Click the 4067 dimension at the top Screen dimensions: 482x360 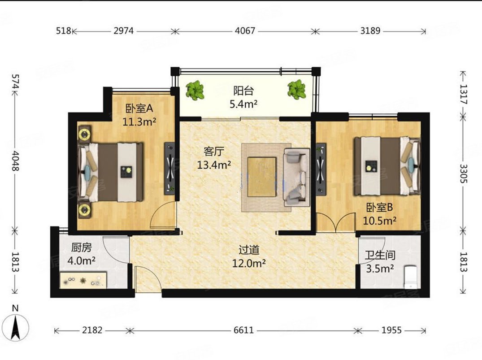(245, 31)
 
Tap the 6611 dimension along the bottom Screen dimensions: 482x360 (244, 330)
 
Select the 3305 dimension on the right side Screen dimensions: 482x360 (464, 173)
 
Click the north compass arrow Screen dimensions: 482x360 (16, 328)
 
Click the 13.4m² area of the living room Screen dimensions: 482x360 (214, 165)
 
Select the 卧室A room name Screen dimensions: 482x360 (139, 108)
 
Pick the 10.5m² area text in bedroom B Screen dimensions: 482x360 (380, 221)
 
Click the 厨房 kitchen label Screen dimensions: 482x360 (82, 247)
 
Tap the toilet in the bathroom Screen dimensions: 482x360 (410, 277)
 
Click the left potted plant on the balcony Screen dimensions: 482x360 (195, 90)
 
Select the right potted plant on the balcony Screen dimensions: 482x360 (297, 90)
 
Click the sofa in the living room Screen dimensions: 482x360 (297, 178)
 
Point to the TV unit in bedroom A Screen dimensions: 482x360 (169, 168)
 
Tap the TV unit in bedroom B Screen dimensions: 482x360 (321, 169)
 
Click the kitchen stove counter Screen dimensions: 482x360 (83, 280)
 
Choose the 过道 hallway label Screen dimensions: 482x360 (249, 250)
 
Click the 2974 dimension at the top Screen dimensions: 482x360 (124, 31)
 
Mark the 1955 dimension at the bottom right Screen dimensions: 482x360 (391, 330)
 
